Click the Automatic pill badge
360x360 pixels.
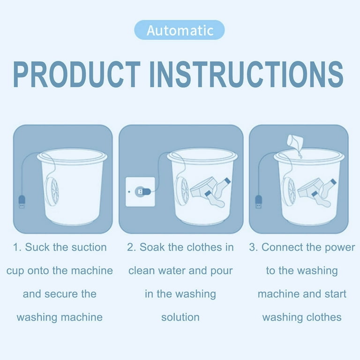[x=180, y=30]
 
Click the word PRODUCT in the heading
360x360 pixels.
[x=77, y=75]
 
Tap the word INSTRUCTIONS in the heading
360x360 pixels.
[x=247, y=75]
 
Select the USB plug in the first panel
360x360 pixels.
[x=22, y=202]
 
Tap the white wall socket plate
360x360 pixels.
[x=140, y=192]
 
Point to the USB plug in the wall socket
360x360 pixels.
[x=143, y=191]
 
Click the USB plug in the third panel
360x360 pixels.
[x=259, y=202]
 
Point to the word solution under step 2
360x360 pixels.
[x=180, y=317]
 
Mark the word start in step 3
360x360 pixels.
[x=336, y=294]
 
